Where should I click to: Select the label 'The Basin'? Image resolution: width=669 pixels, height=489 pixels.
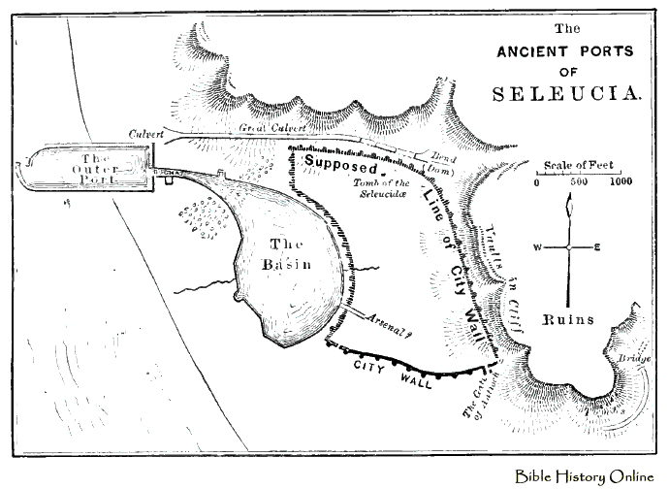(x=285, y=255)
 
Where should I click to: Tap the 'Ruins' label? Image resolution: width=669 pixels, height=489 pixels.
(x=568, y=319)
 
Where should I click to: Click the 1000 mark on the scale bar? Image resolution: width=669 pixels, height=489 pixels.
(x=621, y=181)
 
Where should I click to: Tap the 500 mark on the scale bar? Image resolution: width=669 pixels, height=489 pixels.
(x=579, y=181)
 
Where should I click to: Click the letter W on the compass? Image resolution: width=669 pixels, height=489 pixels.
(x=534, y=247)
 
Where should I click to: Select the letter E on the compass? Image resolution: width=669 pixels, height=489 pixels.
(x=597, y=247)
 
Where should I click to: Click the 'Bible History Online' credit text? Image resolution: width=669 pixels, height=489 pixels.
(x=588, y=474)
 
